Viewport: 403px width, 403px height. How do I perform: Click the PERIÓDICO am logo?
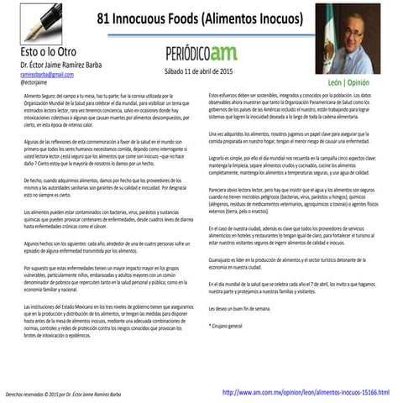(201, 53)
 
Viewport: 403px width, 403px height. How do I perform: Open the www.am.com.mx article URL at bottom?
(306, 392)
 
